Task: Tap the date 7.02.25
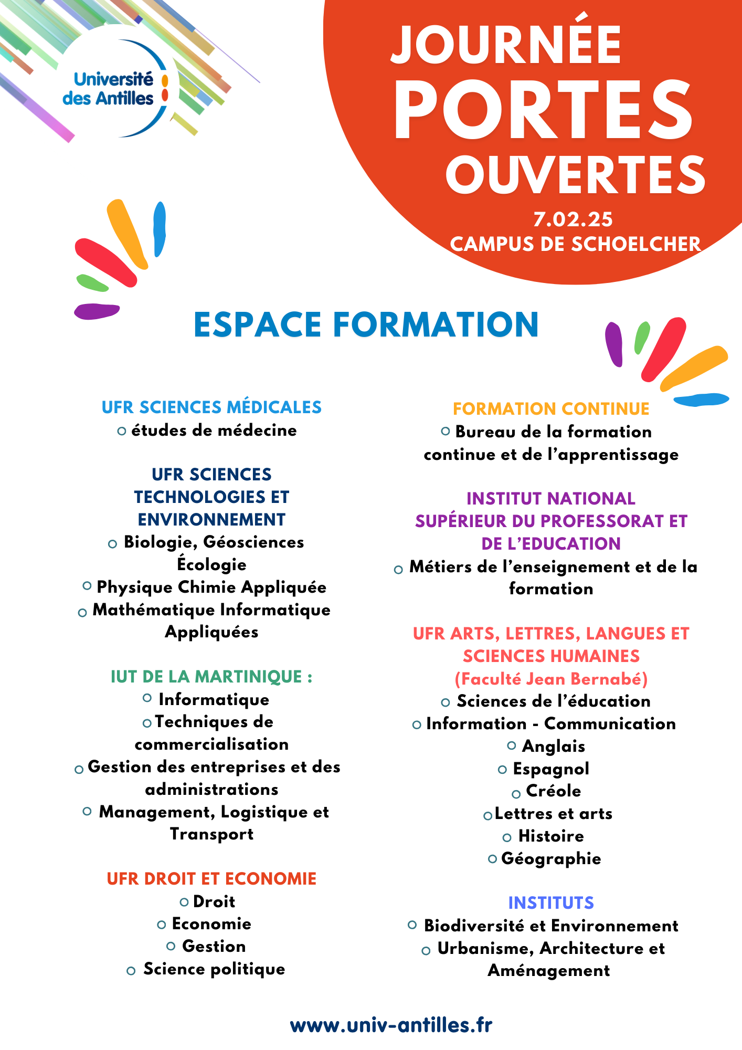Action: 573,219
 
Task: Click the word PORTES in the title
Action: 543,111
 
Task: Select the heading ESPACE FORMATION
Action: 366,324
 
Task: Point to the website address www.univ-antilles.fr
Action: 391,1025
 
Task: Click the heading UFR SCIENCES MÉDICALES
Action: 211,407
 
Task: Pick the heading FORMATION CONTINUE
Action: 551,409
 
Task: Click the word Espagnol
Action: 551,769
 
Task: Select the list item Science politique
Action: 214,969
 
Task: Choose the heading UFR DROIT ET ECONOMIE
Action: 211,879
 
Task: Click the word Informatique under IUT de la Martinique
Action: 214,700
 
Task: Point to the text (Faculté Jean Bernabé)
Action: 551,679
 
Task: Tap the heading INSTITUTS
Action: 551,903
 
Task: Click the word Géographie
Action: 551,859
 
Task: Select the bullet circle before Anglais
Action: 512,745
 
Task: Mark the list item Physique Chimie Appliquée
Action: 211,587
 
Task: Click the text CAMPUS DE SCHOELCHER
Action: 575,244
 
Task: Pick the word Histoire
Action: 551,836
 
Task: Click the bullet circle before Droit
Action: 184,902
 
